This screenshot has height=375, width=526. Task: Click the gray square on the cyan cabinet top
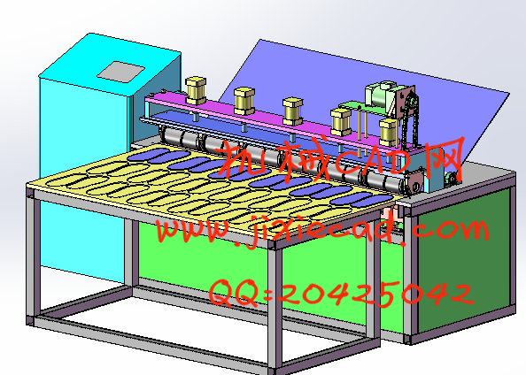click(x=121, y=72)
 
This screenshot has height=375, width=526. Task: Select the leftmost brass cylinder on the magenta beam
click(x=196, y=91)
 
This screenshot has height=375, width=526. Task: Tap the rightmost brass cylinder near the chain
click(x=390, y=133)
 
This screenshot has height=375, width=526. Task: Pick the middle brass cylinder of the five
click(x=292, y=111)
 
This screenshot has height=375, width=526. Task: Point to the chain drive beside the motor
click(x=410, y=119)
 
